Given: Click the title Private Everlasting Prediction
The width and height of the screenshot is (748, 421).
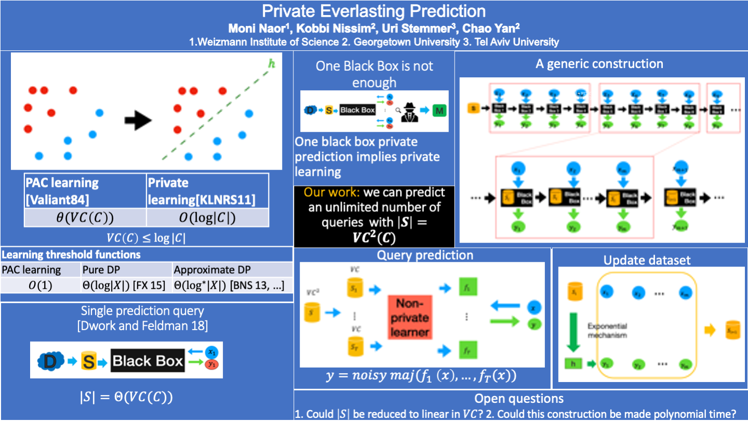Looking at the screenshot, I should [x=373, y=11].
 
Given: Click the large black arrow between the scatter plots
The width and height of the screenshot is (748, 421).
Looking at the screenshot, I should [x=138, y=121].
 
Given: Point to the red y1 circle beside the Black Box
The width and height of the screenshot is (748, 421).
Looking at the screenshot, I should [x=211, y=364].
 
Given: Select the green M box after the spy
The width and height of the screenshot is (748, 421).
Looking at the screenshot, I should [x=439, y=111].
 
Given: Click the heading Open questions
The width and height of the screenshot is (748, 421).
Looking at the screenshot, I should [x=519, y=399].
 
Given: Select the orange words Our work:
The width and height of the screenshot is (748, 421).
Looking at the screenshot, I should [x=331, y=193].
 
